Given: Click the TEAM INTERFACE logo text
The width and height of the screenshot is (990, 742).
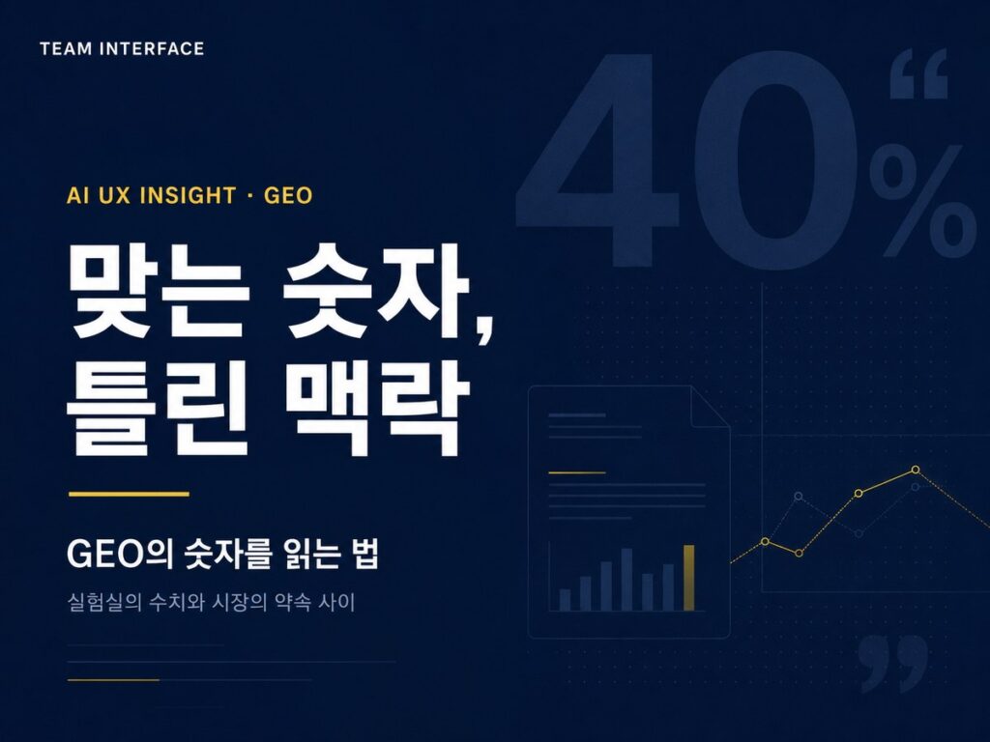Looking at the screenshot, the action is coord(122,48).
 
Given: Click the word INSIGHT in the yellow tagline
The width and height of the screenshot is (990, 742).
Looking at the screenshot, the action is coord(188,195).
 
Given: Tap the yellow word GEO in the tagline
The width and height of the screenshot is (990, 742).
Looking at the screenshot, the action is coord(288,195).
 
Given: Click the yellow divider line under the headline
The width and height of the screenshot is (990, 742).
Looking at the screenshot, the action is coord(129,494).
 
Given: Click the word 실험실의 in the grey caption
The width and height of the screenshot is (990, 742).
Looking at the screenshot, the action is coord(104,602).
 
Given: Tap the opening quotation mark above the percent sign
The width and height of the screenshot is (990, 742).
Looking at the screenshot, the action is coord(918,75).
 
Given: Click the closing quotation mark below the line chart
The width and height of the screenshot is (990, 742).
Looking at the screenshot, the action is coord(894,662).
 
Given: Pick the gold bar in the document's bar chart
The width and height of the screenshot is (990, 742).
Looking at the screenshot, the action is coord(689,578).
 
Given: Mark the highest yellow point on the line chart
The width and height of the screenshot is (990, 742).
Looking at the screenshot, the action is coord(916,470).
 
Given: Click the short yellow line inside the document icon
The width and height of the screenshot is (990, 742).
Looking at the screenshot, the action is coord(577,471).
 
